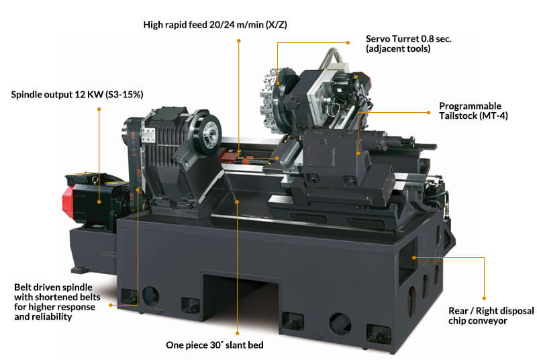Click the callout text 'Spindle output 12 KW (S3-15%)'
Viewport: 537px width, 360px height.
[x=77, y=95]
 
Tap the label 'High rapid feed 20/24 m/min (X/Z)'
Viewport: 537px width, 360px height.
[x=215, y=25]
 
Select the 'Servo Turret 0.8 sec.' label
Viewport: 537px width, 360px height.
[x=409, y=39]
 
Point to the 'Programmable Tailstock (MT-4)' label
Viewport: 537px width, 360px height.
[x=473, y=111]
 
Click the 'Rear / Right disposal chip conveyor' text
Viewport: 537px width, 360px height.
[x=491, y=316]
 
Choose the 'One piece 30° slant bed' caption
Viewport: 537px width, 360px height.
[x=215, y=345]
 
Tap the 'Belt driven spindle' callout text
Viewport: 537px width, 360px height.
[x=54, y=287]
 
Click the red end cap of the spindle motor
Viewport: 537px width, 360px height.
[x=68, y=202]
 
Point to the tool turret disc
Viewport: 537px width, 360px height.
[x=274, y=99]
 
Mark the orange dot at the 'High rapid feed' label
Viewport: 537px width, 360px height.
[x=239, y=41]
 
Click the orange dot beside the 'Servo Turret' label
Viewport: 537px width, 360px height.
[x=348, y=43]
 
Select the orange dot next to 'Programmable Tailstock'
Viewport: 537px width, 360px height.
[x=428, y=112]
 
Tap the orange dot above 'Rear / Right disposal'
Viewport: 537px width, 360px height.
[x=484, y=298]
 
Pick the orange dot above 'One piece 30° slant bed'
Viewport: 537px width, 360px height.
[x=238, y=333]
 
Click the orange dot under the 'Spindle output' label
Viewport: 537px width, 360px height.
[x=99, y=109]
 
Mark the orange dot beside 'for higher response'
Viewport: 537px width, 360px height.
[x=111, y=305]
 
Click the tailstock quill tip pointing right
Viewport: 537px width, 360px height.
[x=435, y=146]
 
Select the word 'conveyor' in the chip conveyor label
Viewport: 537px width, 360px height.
[x=478, y=321]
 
